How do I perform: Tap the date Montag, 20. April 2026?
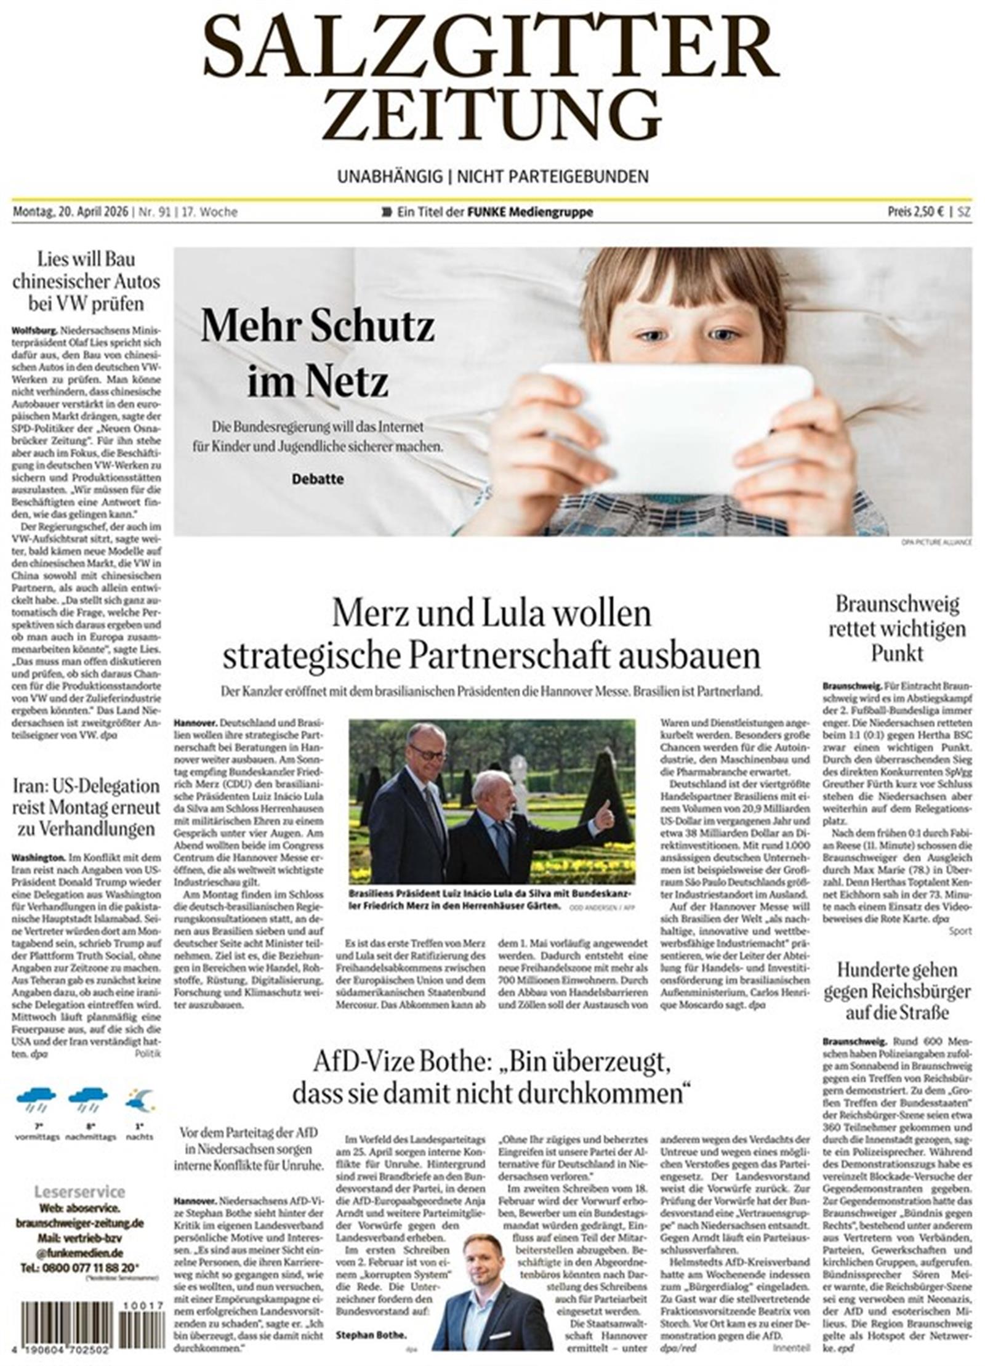click(x=70, y=212)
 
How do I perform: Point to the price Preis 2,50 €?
click(x=915, y=212)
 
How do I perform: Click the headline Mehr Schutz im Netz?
click(x=318, y=354)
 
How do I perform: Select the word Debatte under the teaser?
click(x=318, y=479)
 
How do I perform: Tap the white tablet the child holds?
click(x=675, y=426)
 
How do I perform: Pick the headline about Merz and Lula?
click(x=491, y=634)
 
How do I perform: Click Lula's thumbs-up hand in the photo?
click(x=604, y=816)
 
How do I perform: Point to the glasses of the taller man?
click(x=427, y=754)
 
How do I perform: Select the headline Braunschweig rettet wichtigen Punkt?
click(x=897, y=628)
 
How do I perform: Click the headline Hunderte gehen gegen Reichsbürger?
click(x=897, y=991)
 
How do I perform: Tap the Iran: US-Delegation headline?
click(x=86, y=807)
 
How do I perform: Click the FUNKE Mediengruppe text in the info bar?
click(x=530, y=212)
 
